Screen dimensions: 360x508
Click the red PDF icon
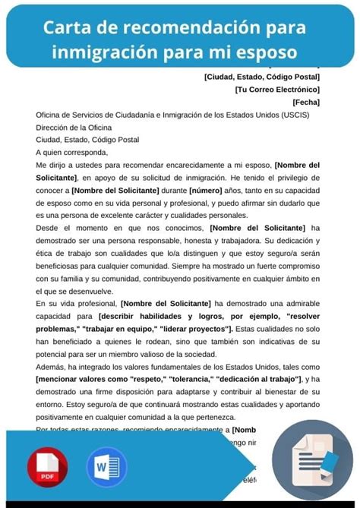tap(47, 465)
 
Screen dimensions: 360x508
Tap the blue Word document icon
tap(106, 465)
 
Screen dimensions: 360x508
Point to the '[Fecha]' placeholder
tap(305, 102)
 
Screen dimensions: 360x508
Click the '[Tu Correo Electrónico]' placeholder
tap(277, 89)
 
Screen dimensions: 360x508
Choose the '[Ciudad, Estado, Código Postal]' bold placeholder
tap(262, 76)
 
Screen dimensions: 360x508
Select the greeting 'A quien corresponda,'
tap(74, 152)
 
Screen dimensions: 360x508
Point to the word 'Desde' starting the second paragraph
tap(47, 228)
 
